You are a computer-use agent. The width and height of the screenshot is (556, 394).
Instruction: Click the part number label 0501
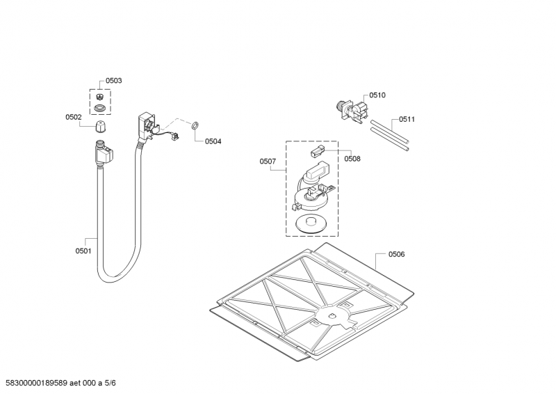coord(83,251)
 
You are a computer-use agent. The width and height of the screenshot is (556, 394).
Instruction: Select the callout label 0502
coord(74,118)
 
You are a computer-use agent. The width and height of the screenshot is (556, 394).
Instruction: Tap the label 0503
coord(113,81)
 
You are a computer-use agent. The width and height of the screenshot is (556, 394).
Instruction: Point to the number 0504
coord(213,141)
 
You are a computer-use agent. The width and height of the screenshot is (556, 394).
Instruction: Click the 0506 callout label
coord(396,254)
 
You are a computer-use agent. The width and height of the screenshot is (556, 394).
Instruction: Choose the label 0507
coord(268,161)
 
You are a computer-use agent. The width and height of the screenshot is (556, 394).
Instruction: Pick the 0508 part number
coord(352,159)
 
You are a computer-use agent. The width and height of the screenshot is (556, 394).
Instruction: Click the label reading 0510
coord(377,95)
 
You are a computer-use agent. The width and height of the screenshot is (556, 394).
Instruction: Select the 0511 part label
coord(407,120)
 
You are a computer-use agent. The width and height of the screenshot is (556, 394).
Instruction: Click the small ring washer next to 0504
coord(195,125)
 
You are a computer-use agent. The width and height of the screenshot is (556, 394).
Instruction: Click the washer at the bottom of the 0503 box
coord(101,108)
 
